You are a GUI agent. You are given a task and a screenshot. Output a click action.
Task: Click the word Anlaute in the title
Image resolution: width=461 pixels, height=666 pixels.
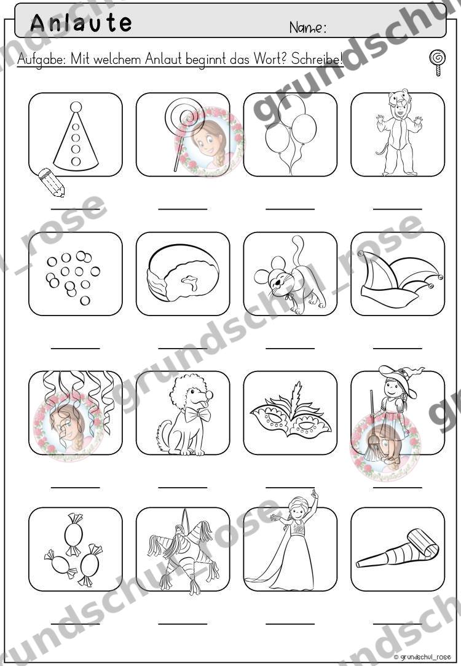[81, 23]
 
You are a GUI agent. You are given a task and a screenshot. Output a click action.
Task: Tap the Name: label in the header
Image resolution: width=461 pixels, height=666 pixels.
[308, 28]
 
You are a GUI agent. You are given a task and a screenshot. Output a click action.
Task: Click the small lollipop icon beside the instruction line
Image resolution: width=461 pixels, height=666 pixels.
[437, 63]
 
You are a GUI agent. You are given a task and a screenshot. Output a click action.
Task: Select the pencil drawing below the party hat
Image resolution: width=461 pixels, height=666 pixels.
[52, 182]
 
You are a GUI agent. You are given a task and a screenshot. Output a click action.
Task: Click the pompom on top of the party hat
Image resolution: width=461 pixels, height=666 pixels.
[76, 106]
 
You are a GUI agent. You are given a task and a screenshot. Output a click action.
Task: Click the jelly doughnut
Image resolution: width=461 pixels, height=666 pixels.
[183, 274]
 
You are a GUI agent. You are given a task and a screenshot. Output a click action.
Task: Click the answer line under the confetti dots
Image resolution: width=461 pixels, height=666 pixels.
[76, 348]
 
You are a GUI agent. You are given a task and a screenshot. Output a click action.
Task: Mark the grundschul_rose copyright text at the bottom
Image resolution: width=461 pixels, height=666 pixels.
[422, 657]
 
